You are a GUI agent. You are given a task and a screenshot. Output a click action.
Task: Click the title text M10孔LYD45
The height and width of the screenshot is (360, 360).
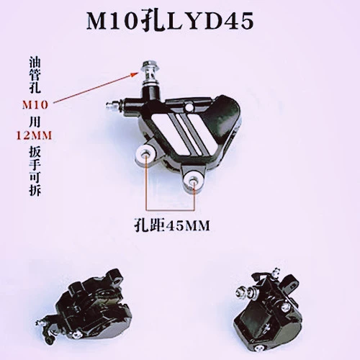coord(170,22)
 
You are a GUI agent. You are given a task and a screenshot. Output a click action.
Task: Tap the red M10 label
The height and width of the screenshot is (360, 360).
coord(35,105)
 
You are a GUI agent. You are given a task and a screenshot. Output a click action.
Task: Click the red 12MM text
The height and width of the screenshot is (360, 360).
coord(34,136)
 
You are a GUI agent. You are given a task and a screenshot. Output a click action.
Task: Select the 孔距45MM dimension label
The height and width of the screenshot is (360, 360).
coord(172,225)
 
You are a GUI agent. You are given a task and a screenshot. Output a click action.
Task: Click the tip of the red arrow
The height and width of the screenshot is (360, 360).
coord(138,72)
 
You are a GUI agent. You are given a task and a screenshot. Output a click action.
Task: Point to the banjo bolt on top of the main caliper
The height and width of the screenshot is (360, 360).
coord(149,73)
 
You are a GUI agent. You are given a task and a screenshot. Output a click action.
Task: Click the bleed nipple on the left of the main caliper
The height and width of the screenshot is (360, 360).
coord(114,106)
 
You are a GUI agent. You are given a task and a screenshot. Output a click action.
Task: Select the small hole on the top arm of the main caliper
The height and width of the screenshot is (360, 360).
coord(190,107)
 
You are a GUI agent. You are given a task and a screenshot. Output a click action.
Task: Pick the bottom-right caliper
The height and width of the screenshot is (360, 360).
coord(268,312)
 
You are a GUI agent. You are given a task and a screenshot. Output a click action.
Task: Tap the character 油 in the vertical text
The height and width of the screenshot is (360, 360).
coord(35,62)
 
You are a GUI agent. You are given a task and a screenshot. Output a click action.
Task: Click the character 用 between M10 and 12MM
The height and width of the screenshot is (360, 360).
coord(35,121)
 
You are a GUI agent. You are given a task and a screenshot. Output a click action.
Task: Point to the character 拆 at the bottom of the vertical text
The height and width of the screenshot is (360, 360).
coord(35,190)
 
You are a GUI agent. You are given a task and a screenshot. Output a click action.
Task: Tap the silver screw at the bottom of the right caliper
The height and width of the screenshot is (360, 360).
coord(258,348)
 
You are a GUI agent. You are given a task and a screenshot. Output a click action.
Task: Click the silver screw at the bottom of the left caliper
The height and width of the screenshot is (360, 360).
coord(76,334)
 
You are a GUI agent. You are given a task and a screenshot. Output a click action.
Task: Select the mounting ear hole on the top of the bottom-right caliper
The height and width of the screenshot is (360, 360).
coord(290,279)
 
